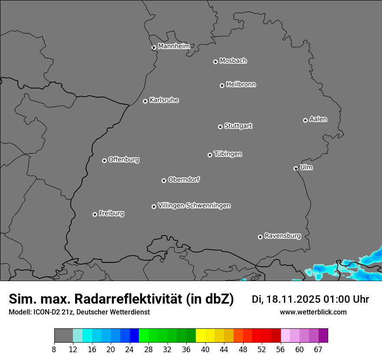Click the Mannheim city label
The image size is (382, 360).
(x=174, y=46)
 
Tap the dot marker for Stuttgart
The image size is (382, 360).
(x=220, y=127)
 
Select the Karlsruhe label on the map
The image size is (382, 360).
(x=164, y=100)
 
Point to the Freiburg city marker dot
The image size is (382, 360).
(x=95, y=214)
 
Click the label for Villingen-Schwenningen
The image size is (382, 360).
(x=194, y=206)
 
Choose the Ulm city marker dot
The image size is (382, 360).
(x=296, y=168)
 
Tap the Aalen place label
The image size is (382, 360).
(x=318, y=119)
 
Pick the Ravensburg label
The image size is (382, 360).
(x=283, y=236)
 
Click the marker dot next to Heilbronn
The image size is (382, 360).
(x=222, y=85)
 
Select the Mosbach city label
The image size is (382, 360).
(x=233, y=61)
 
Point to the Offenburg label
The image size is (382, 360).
(x=124, y=160)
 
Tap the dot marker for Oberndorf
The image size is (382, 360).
(x=164, y=180)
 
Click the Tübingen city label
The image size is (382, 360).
(x=228, y=154)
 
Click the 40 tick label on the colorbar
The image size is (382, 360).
(x=205, y=350)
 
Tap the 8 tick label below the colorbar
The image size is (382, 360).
(x=54, y=350)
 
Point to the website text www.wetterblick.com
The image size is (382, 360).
(x=313, y=312)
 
